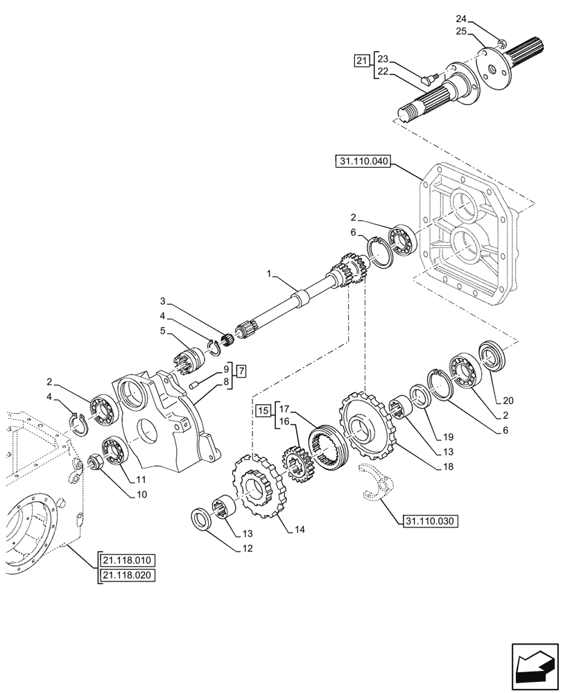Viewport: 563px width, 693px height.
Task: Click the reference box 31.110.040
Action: (363, 162)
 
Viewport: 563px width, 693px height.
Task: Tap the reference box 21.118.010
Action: (128, 561)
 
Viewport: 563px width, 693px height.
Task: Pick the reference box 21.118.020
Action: (128, 575)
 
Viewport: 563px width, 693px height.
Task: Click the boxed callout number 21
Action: (361, 62)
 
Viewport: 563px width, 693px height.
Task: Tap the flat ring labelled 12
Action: (205, 518)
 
